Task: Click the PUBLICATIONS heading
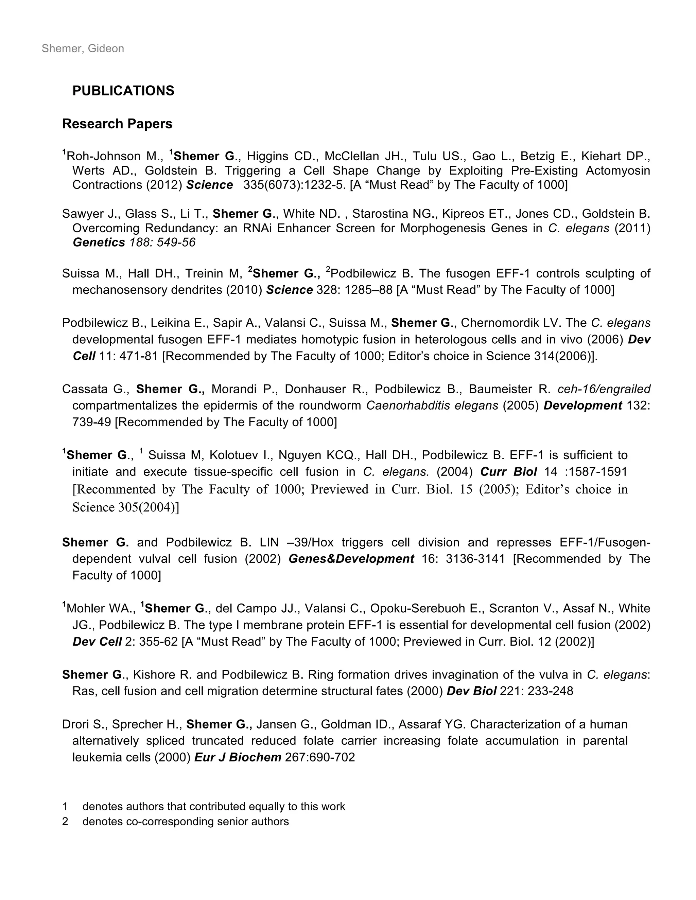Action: (x=123, y=91)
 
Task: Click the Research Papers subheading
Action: (x=117, y=124)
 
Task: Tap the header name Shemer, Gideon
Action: (x=83, y=49)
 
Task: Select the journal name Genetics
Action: (x=99, y=242)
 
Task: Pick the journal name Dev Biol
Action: (x=471, y=691)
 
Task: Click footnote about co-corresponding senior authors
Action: (x=186, y=821)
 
